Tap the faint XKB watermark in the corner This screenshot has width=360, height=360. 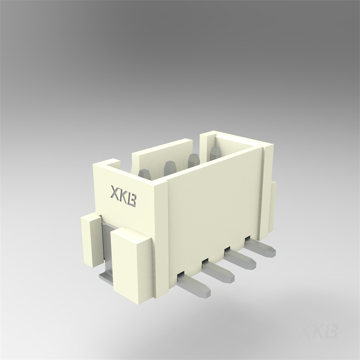click(318, 332)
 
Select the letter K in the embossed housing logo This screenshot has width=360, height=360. click(123, 197)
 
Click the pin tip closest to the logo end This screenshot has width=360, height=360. click(144, 173)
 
